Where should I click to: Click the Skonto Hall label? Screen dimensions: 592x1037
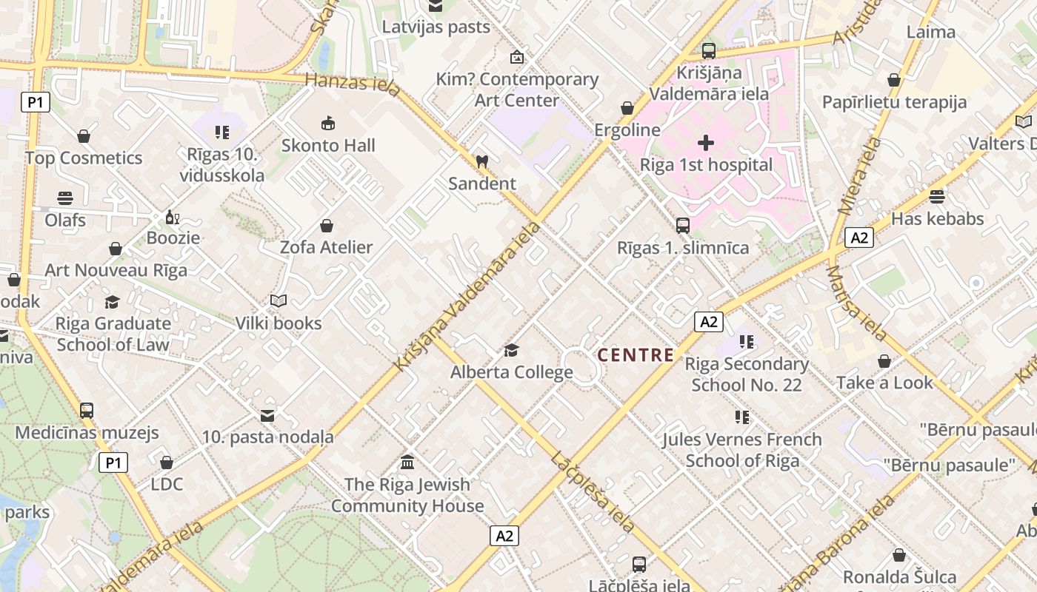[x=328, y=145]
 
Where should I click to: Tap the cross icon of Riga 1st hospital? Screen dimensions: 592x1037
[x=706, y=142]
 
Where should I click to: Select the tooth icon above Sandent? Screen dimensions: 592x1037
[x=481, y=161]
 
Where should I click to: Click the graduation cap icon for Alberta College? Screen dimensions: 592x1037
[x=511, y=350]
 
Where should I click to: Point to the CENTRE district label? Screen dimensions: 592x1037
[x=636, y=355]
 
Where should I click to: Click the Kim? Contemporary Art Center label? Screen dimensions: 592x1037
[x=516, y=90]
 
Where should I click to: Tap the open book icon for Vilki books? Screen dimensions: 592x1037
[x=279, y=301]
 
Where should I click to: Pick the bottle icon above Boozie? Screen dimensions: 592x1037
[x=173, y=218]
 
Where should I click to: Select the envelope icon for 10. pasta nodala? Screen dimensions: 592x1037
[x=267, y=416]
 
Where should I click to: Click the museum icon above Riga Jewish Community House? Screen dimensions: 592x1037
[x=407, y=462]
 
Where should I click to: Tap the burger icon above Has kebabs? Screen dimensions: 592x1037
[x=937, y=197]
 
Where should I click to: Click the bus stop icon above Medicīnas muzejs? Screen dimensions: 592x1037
[x=87, y=411]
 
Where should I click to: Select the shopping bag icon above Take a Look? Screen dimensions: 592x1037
[x=884, y=361]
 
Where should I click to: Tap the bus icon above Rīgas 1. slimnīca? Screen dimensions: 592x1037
[x=683, y=226]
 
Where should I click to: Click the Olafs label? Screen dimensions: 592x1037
[x=65, y=221]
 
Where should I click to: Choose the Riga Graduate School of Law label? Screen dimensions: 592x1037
[x=113, y=334]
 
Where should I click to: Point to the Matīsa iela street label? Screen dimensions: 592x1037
[x=856, y=303]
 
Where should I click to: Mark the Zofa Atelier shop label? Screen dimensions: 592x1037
[x=326, y=247]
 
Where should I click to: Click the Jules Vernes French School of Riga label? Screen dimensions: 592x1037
[x=742, y=450]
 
